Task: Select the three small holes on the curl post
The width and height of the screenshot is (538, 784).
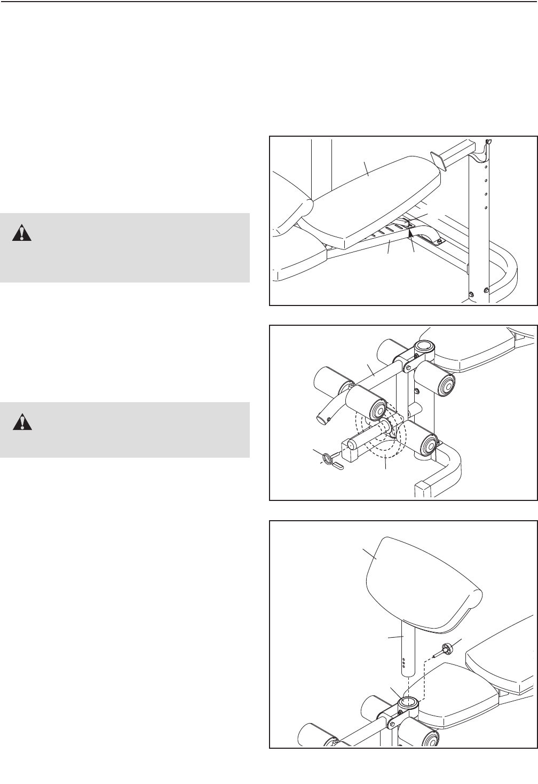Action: tap(404, 662)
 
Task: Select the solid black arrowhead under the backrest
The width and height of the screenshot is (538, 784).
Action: tap(410, 231)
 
